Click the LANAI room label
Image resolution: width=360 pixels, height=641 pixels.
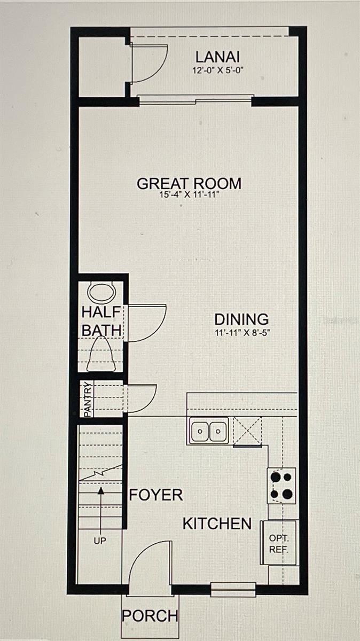[217, 57]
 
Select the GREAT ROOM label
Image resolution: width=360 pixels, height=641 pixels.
[189, 183]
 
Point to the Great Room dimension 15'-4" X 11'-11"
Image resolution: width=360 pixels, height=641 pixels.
[189, 196]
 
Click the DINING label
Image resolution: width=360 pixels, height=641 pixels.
[241, 319]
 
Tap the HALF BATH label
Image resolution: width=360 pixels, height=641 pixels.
[101, 321]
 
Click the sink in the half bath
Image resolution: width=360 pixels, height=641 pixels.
[101, 293]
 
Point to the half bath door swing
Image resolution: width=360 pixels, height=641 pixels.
[145, 323]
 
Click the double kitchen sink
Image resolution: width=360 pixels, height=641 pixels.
[208, 431]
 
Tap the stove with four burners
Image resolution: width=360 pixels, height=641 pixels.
[281, 486]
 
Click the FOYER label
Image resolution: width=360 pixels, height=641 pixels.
[156, 495]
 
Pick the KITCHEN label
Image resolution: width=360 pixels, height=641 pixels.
[217, 523]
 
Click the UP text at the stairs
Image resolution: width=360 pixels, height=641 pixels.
[100, 541]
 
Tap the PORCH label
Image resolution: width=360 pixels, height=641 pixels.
[150, 616]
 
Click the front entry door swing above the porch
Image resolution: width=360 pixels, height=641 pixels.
[150, 566]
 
